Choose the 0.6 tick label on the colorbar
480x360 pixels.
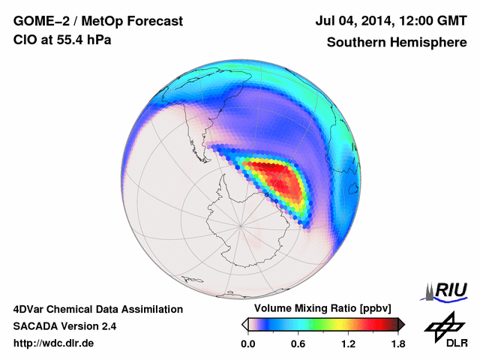298,344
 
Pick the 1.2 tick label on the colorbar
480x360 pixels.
347,344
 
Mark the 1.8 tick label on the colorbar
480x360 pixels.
397,344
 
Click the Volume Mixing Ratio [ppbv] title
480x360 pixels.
319,309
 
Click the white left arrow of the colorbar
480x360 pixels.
244,324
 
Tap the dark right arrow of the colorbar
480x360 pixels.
401,324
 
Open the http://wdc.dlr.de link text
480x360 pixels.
54,344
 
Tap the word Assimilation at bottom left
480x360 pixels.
152,309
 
